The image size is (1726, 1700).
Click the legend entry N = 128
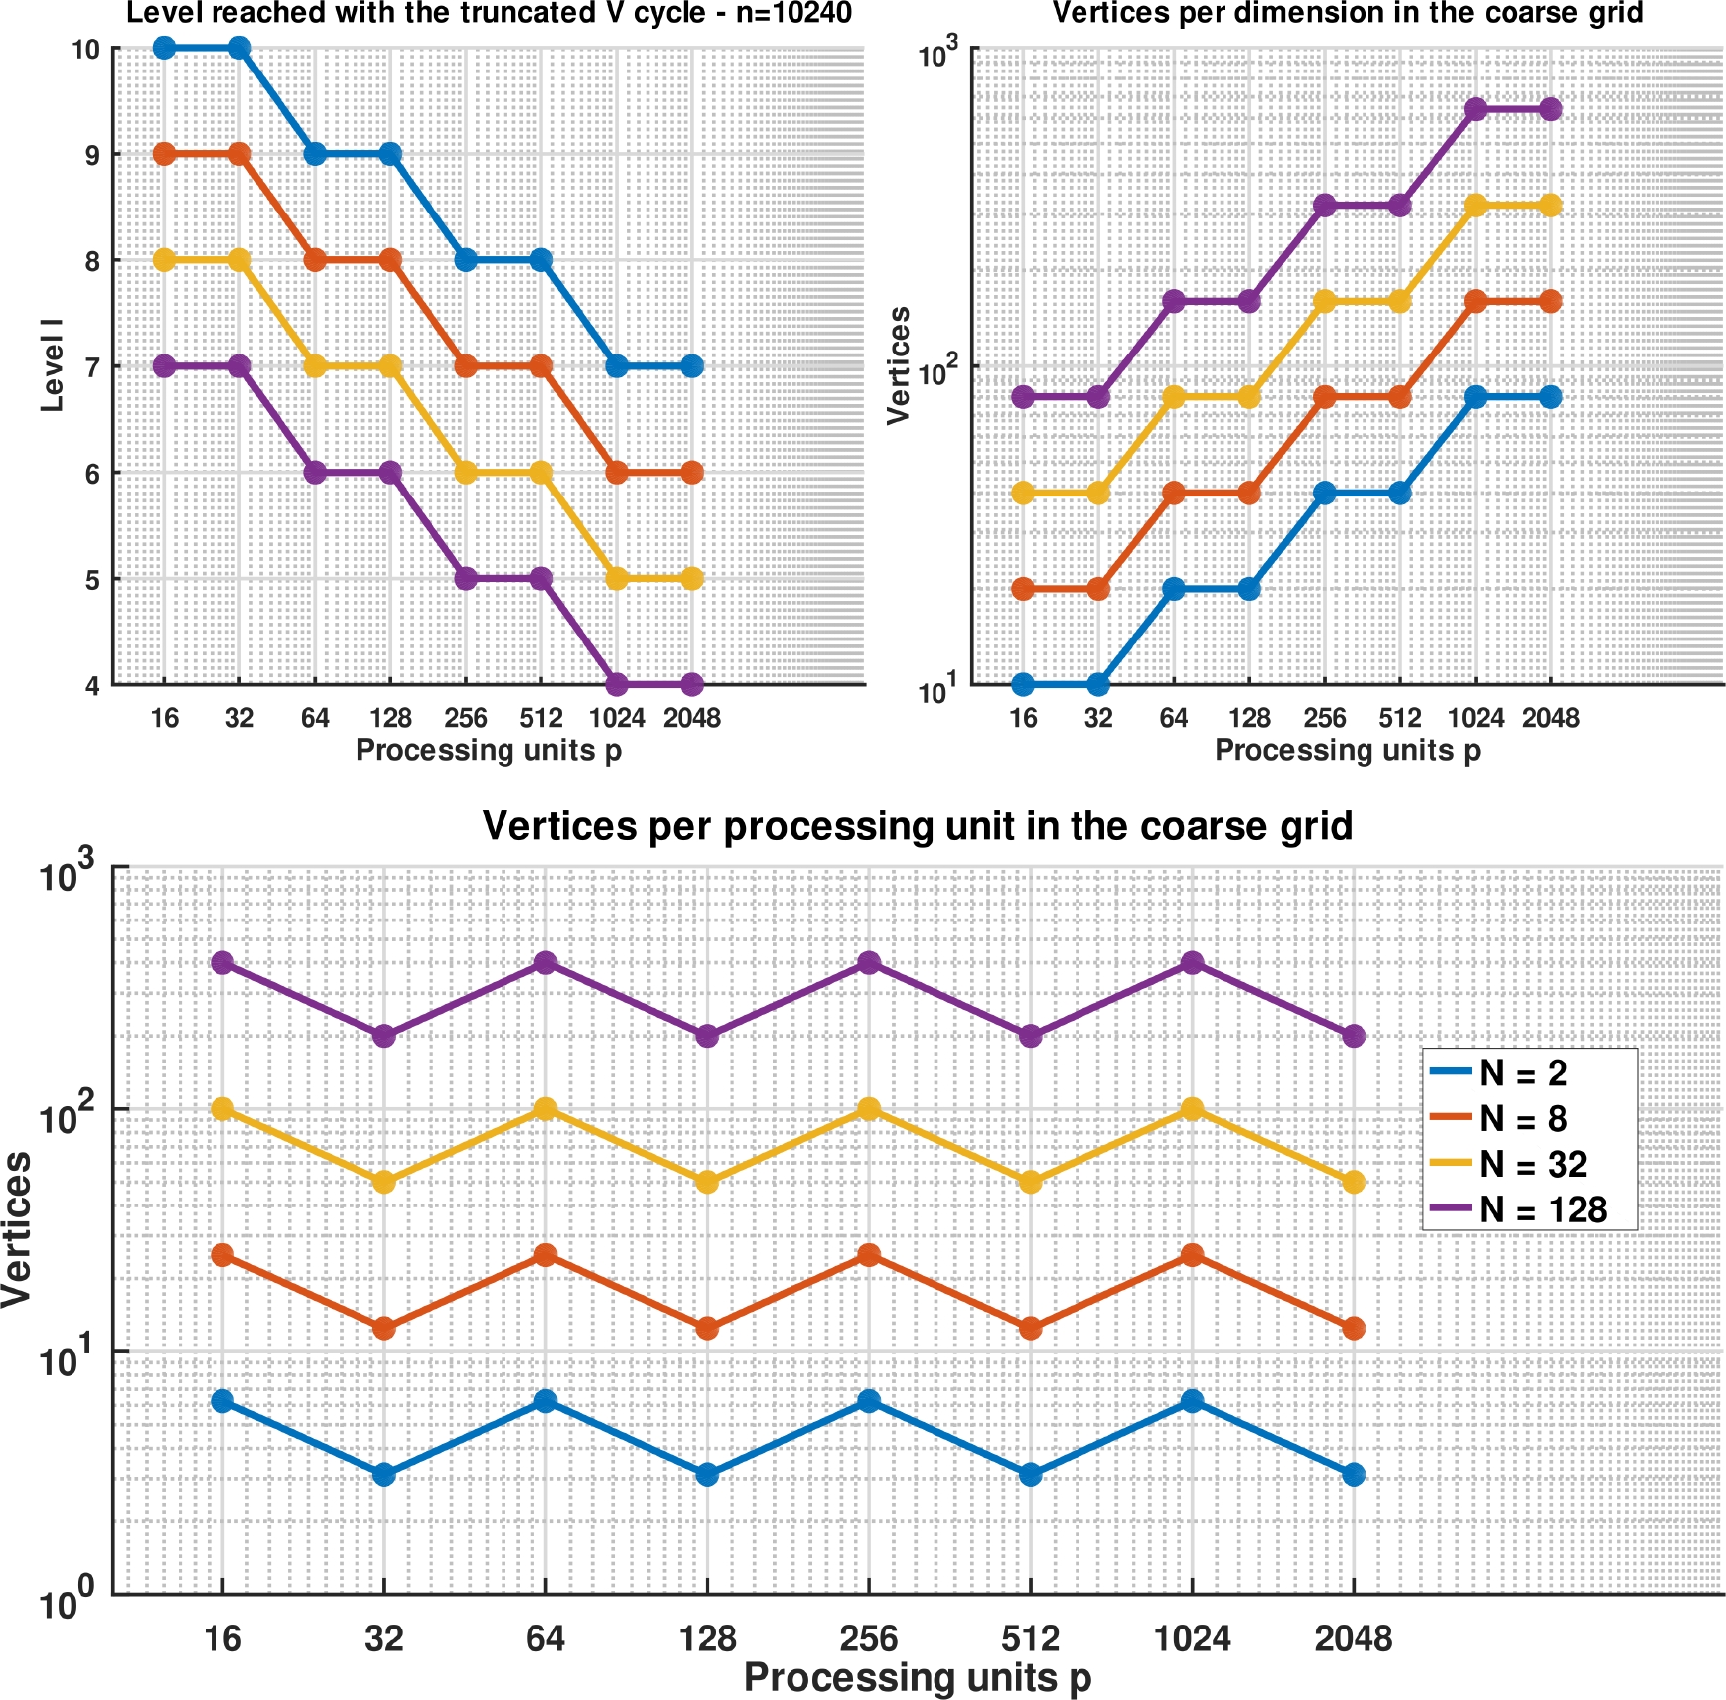point(1541,1209)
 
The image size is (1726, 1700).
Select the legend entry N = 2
point(1521,1073)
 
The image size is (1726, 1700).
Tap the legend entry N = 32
point(1532,1164)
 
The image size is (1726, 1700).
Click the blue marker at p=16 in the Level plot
point(165,48)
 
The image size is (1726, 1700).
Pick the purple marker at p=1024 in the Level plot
point(617,684)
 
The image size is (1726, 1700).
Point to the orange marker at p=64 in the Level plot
point(315,260)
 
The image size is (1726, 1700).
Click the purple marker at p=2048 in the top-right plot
point(1550,109)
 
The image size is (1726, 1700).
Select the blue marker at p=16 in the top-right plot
point(1023,684)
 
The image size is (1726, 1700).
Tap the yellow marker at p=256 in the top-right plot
point(1325,301)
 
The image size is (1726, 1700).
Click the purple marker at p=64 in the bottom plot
point(546,962)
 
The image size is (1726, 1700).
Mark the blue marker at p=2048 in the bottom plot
point(1354,1475)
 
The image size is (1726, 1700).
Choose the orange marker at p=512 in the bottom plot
point(1031,1329)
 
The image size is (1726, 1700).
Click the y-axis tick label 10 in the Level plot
point(86,49)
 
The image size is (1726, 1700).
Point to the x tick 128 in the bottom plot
point(707,1638)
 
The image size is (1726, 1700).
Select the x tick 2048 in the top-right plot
point(1550,718)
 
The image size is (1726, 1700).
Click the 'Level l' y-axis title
point(52,365)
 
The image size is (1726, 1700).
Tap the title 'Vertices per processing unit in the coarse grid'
point(917,826)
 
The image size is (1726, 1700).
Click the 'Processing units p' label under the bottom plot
point(917,1677)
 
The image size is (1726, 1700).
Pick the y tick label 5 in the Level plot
point(92,580)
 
